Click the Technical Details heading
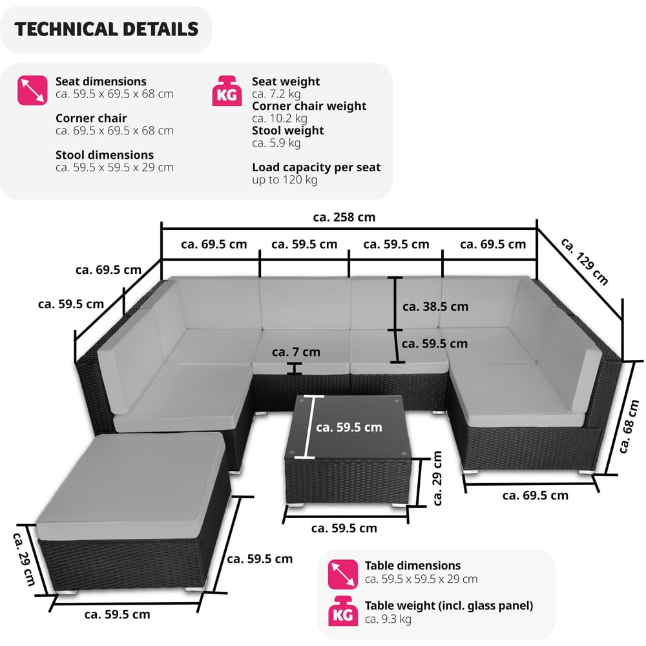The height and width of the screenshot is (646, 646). pyautogui.click(x=106, y=29)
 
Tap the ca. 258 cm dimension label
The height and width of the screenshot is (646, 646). pyautogui.click(x=344, y=217)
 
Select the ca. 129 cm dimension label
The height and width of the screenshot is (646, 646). pyautogui.click(x=585, y=262)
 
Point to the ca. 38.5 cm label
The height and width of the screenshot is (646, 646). pyautogui.click(x=435, y=306)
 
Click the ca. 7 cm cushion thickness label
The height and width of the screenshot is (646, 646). pyautogui.click(x=296, y=352)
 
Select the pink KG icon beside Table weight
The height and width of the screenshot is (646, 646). pyautogui.click(x=344, y=612)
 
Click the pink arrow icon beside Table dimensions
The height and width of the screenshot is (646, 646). pyautogui.click(x=344, y=573)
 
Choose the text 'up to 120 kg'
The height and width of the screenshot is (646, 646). pyautogui.click(x=284, y=180)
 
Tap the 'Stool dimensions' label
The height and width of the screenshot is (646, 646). pyautogui.click(x=105, y=155)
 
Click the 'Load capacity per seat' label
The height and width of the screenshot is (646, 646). pyautogui.click(x=316, y=167)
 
